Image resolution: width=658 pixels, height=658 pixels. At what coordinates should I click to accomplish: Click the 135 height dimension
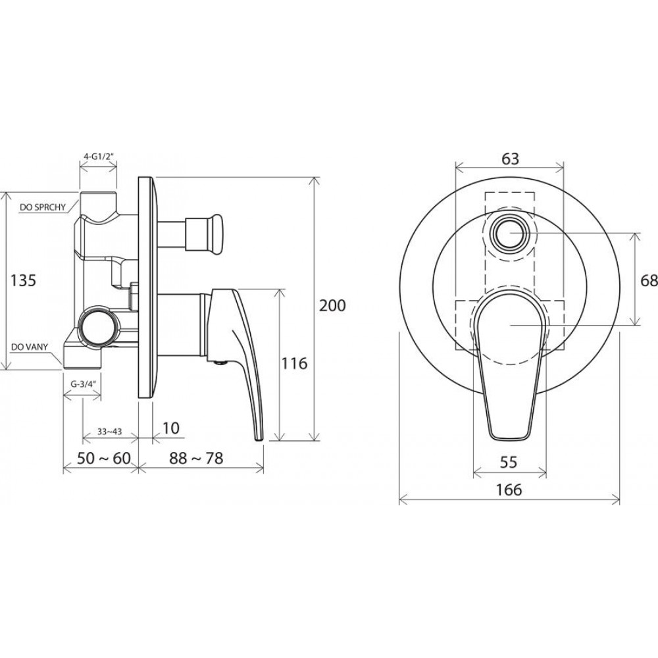coord(24,280)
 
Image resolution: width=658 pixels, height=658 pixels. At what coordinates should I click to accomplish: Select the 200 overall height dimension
coord(332,305)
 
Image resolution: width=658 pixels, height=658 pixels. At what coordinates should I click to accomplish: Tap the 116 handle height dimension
coord(294,363)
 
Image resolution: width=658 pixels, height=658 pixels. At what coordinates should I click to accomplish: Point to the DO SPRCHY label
coord(42,207)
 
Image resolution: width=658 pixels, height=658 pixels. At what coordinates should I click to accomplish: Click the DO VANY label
coord(30,347)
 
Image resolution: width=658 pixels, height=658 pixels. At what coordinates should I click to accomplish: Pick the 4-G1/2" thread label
coord(99,157)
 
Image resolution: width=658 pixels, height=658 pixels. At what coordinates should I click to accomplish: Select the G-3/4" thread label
coord(82,384)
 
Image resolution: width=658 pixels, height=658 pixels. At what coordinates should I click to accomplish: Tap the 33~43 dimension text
coord(109,431)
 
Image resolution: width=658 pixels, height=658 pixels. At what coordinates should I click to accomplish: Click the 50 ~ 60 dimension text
coord(104,458)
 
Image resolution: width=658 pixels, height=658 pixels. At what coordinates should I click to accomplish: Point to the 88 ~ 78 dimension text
coord(196,458)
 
